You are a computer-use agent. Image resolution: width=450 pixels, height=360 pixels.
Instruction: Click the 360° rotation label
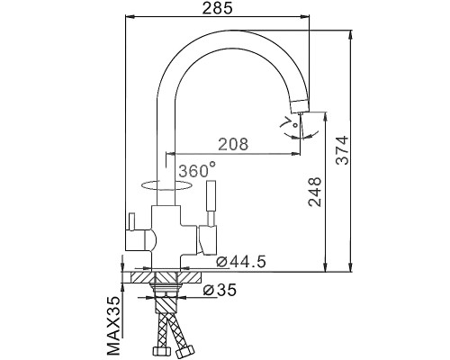pyautogui.click(x=196, y=170)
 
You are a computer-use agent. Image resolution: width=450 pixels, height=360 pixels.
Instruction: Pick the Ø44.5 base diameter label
pyautogui.click(x=240, y=262)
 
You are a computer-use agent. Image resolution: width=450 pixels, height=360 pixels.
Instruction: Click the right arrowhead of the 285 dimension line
pyautogui.click(x=305, y=16)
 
